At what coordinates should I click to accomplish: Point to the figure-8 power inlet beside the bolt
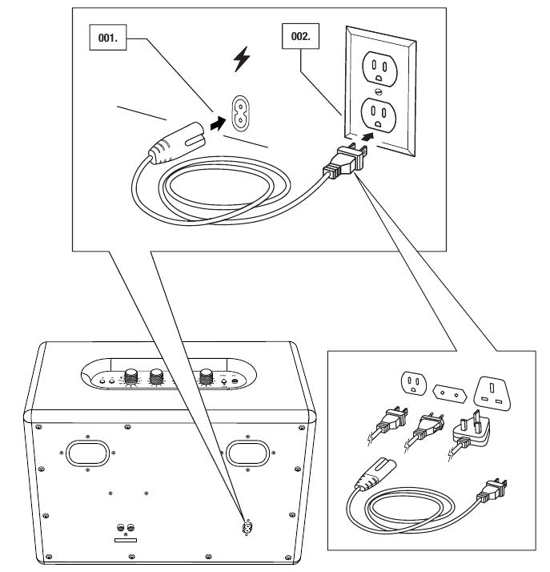239,112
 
